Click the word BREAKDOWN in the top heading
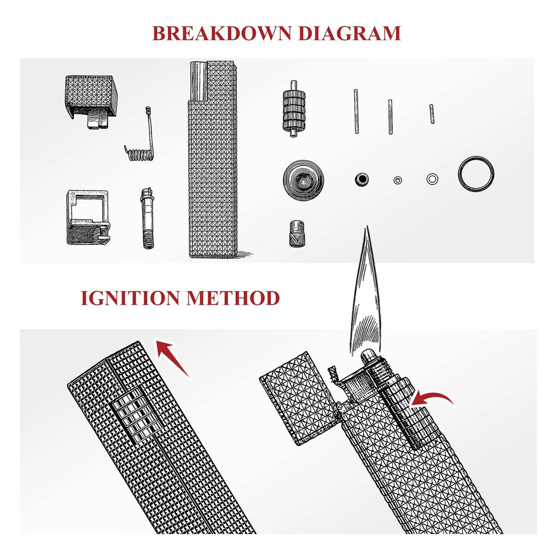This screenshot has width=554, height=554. (222, 33)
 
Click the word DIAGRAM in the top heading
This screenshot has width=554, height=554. (349, 33)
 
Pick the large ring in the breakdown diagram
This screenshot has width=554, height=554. (476, 174)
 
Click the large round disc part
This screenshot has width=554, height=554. (304, 180)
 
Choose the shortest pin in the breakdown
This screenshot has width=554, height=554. (432, 114)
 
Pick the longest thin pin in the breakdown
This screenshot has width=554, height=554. (356, 111)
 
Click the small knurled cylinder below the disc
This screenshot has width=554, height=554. (296, 233)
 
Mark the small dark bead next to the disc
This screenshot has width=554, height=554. (361, 179)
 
